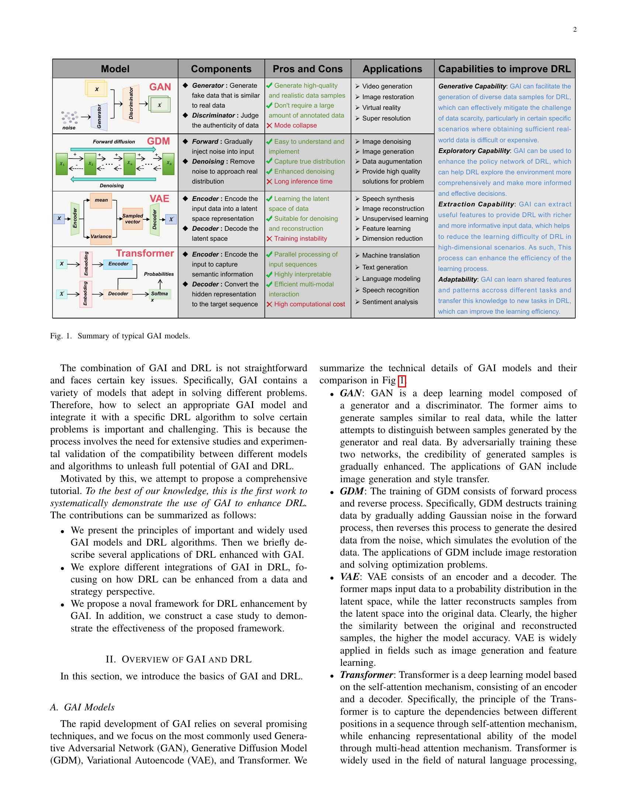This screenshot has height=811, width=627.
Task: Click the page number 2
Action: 575,30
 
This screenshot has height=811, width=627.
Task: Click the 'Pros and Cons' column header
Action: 308,69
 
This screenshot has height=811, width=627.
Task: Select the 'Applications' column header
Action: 392,69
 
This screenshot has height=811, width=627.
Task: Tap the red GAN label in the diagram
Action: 160,87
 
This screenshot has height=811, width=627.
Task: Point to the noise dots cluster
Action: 70,117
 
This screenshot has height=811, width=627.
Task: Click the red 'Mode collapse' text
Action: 295,125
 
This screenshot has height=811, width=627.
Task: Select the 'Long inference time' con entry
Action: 303,182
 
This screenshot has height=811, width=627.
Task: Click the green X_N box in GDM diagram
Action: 169,163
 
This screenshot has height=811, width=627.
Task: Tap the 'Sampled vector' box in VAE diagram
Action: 133,219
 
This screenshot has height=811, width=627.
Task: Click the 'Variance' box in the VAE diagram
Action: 101,237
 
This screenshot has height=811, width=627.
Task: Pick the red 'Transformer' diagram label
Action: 145,253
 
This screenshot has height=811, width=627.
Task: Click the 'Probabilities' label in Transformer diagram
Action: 159,274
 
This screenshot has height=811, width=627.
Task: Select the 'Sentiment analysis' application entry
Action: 389,302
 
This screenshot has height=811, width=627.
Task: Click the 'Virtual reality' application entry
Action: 381,108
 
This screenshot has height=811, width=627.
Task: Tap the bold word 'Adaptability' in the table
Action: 457,280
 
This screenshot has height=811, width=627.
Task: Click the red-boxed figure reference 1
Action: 402,381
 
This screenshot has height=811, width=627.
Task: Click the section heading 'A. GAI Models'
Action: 83,707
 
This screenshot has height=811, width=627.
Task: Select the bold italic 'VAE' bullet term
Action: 350,577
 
